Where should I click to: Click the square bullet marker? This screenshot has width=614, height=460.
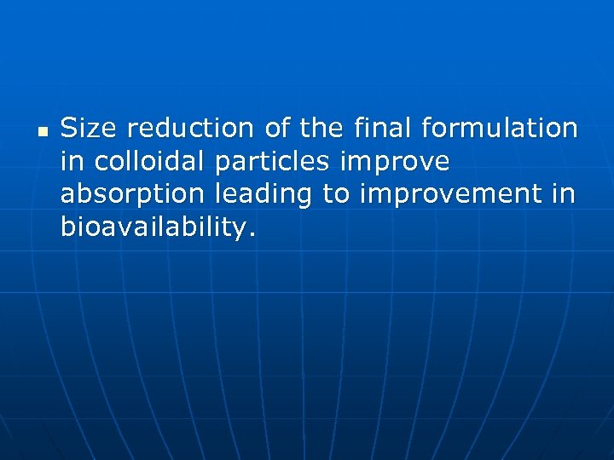[41, 132]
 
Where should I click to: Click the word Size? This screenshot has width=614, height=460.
[90, 129]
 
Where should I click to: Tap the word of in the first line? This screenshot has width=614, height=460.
[277, 129]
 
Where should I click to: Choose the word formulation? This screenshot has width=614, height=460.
[500, 129]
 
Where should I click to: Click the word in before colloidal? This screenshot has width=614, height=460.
[72, 161]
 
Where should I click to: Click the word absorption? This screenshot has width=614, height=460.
[132, 195]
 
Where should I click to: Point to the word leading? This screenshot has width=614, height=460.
[264, 195]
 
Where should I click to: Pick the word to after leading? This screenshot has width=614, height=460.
[336, 195]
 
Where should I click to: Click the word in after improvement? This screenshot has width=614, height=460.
[565, 194]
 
